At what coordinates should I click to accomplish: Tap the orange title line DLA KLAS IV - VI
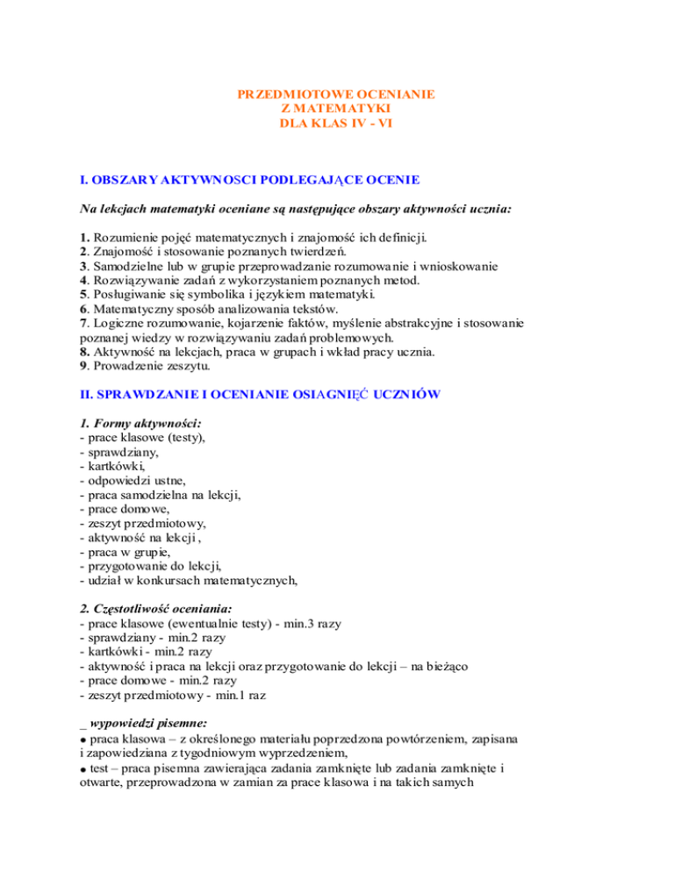coord(336,124)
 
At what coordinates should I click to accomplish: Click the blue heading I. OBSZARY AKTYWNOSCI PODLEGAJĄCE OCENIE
coord(249,180)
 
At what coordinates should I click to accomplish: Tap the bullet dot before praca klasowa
coord(82,739)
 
